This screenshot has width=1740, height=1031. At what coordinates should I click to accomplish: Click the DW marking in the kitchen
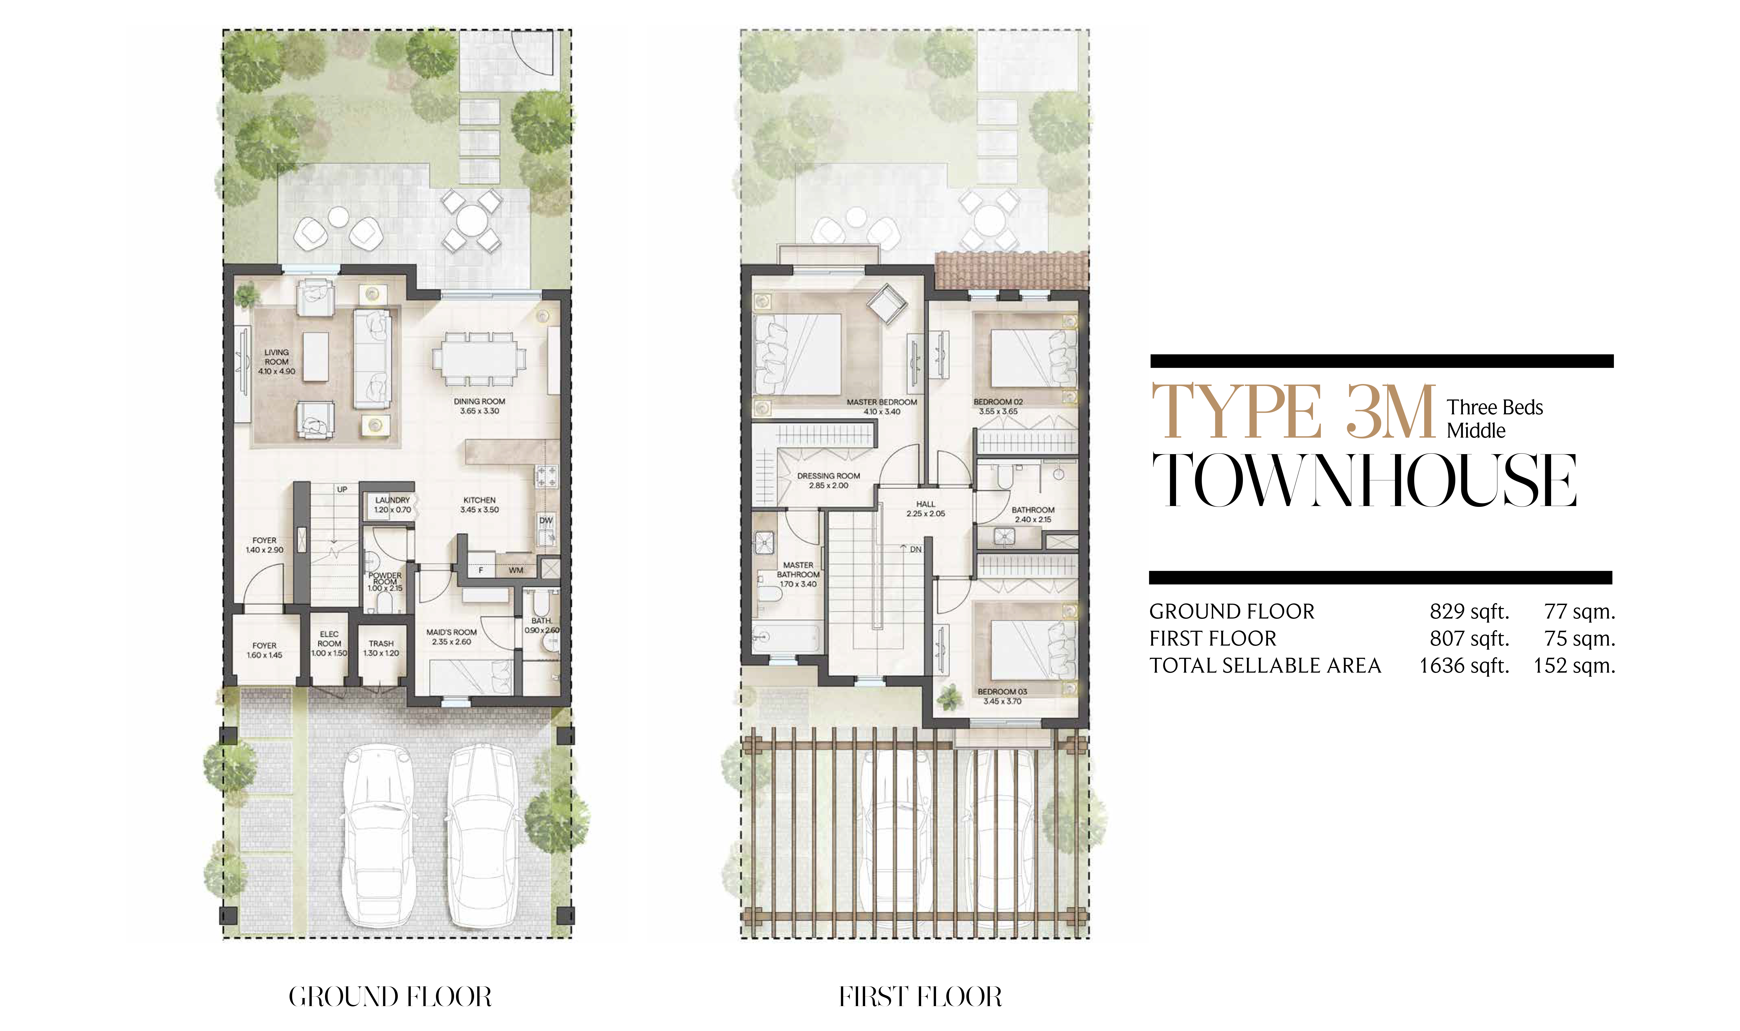tap(546, 520)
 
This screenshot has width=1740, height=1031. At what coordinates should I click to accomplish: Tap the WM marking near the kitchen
tap(516, 570)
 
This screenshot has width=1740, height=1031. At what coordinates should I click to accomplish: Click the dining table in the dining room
tap(480, 359)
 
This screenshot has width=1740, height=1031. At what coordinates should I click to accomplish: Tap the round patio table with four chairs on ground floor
tap(472, 221)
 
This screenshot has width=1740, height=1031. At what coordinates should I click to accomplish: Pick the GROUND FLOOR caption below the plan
tap(390, 997)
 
